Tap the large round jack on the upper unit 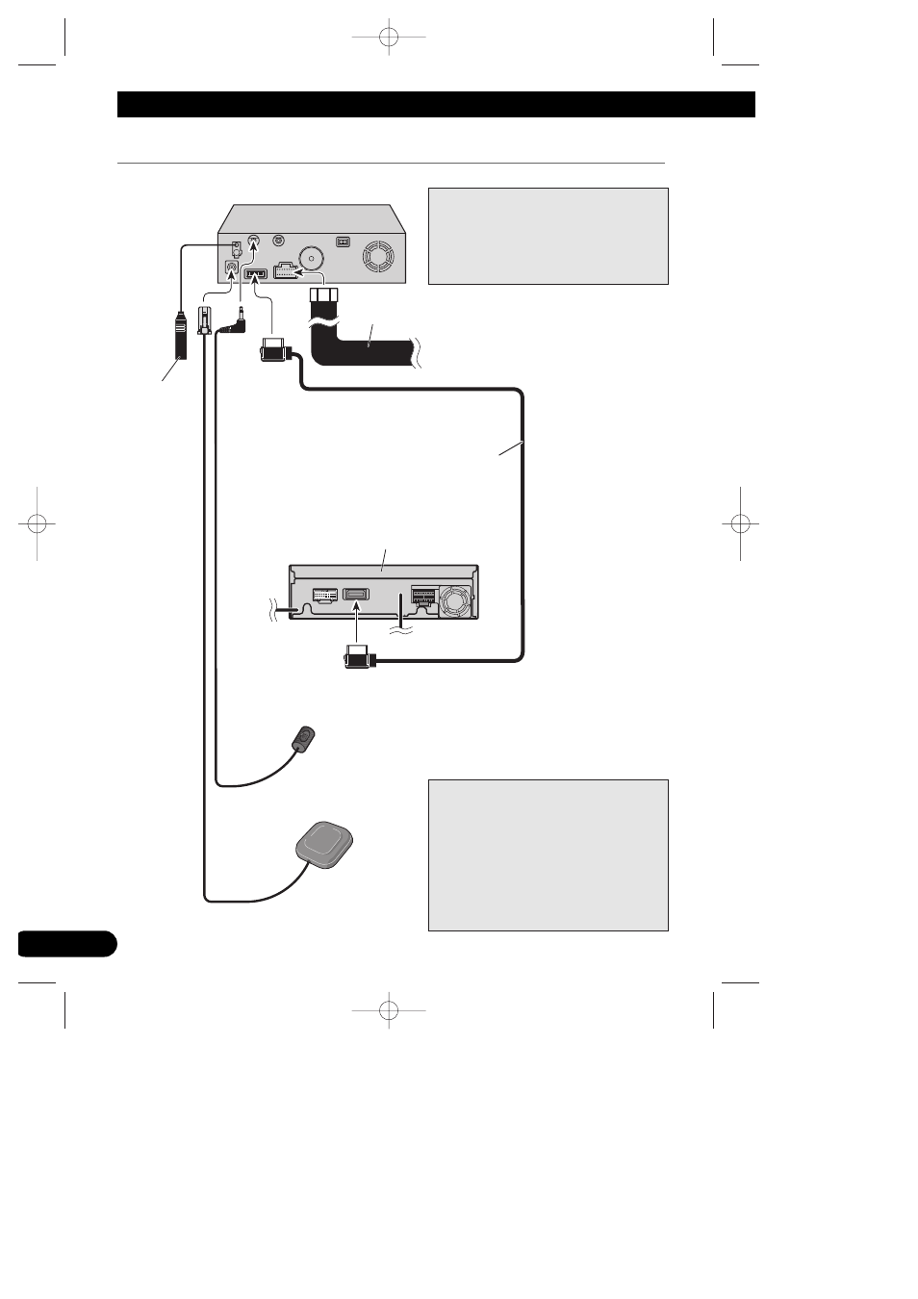pos(312,259)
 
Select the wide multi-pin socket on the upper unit pos(288,270)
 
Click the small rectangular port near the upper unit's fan pos(341,242)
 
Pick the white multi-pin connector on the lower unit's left pos(324,596)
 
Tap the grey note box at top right pos(548,236)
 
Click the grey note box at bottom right pos(548,854)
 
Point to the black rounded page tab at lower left pos(66,943)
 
